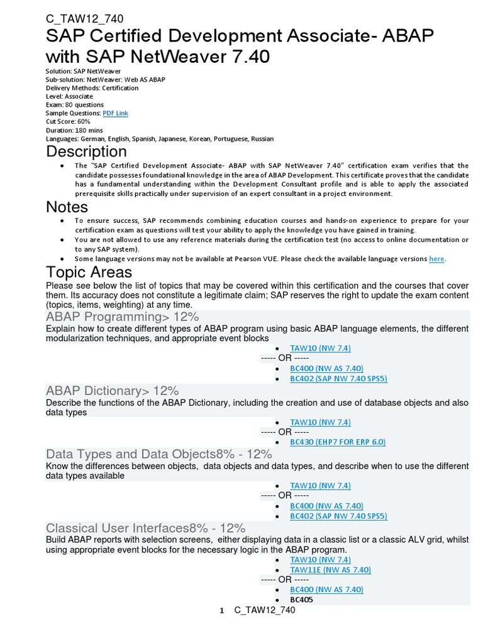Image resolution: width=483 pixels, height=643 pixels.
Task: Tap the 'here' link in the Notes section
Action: [436, 259]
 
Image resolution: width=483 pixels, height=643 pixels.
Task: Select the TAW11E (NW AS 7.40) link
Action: [330, 570]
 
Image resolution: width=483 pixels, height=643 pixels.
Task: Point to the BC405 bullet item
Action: [301, 600]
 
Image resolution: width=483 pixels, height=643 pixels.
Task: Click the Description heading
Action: [86, 152]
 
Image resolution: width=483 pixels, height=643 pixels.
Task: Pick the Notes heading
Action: [67, 207]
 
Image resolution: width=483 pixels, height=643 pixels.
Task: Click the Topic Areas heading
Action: [89, 272]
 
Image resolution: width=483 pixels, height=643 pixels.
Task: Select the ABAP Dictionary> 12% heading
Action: [112, 391]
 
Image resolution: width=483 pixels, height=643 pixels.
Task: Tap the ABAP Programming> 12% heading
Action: [122, 316]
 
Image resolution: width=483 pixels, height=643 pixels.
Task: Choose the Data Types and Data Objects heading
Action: [158, 454]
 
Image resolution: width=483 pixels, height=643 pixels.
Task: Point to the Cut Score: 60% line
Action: [68, 121]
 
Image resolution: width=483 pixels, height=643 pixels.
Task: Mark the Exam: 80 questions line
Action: [75, 105]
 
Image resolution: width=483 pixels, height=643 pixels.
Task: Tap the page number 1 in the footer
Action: [222, 611]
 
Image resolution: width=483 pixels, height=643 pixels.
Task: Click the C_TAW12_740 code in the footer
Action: [264, 610]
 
